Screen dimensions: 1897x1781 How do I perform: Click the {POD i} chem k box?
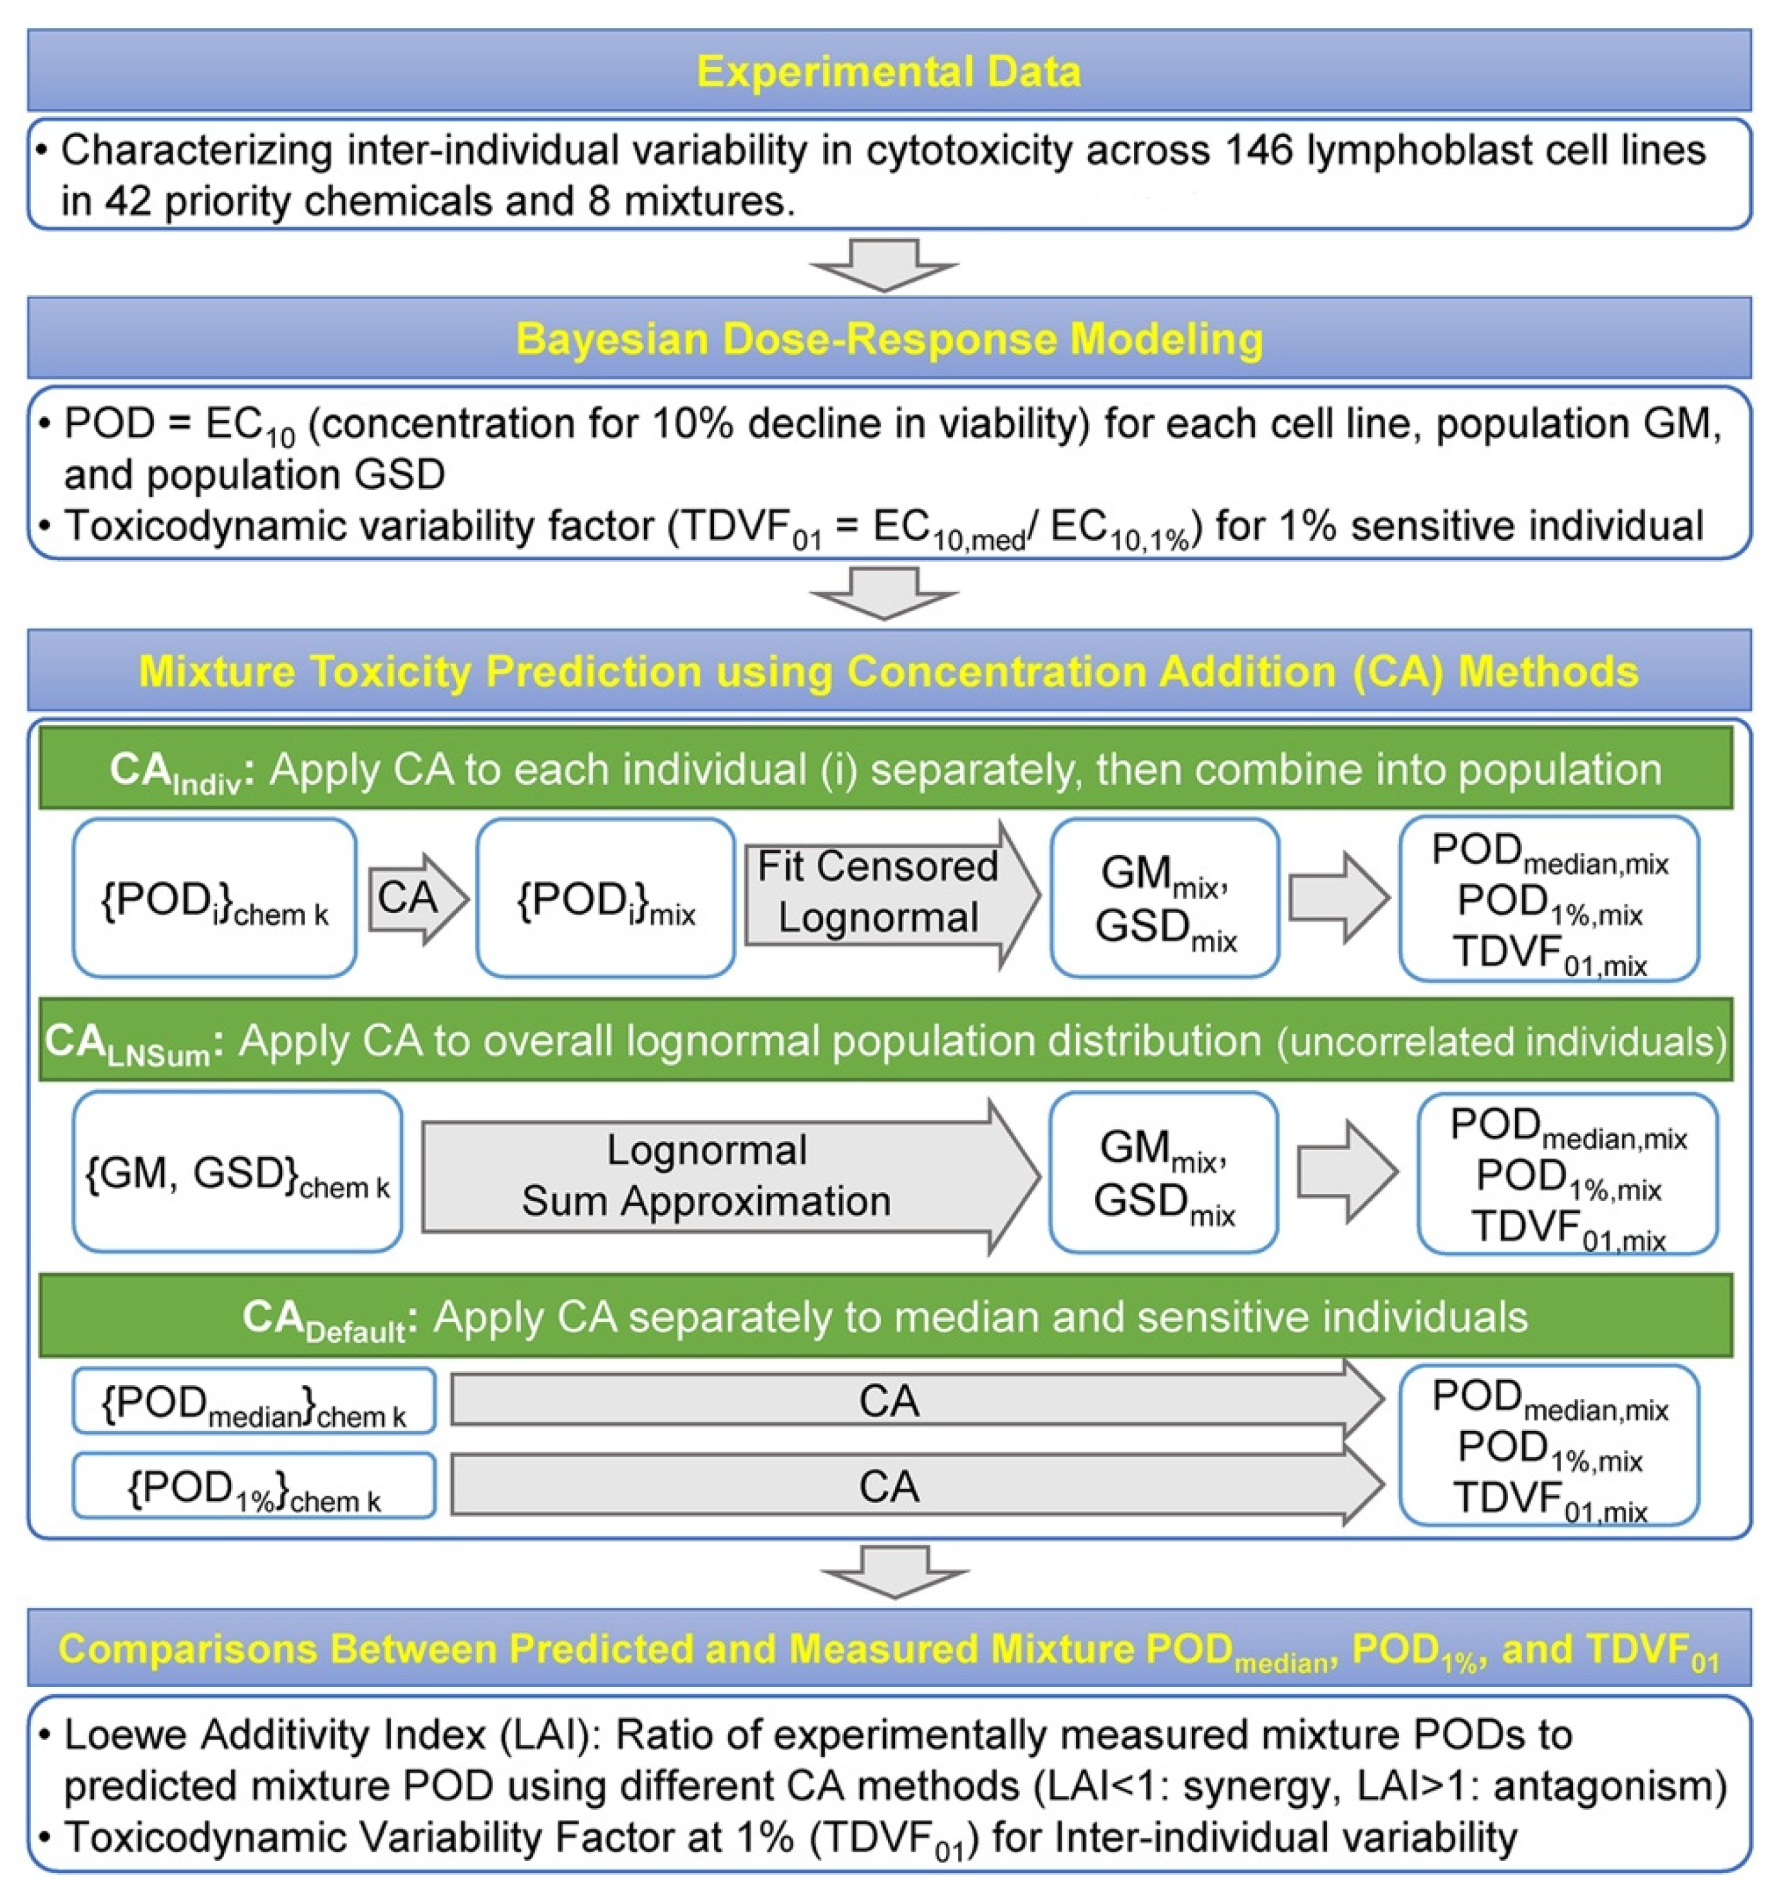(x=214, y=898)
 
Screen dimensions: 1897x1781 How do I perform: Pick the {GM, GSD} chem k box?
(x=236, y=1173)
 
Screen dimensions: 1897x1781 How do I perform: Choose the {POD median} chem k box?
(x=254, y=1401)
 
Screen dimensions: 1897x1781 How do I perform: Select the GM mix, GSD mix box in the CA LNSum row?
(x=1163, y=1173)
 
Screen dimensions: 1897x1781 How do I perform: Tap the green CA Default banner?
(x=885, y=1317)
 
